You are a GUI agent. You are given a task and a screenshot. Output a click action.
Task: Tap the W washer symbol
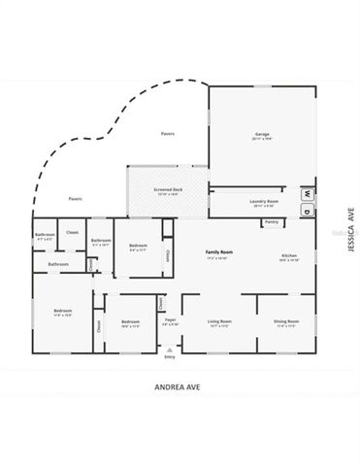(304, 192)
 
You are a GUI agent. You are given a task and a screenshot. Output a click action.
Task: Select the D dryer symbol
(304, 210)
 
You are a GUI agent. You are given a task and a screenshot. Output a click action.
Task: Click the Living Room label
(220, 320)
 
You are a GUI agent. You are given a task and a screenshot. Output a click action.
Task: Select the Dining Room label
(286, 320)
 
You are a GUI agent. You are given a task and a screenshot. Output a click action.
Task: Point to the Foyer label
(170, 319)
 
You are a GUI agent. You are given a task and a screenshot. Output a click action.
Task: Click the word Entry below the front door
(170, 357)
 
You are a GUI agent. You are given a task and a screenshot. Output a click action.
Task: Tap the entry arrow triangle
(170, 348)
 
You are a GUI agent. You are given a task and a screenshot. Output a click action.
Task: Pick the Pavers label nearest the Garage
(168, 133)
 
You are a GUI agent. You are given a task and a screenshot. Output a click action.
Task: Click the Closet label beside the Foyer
(160, 303)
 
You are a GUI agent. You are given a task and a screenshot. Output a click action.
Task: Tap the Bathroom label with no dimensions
(58, 264)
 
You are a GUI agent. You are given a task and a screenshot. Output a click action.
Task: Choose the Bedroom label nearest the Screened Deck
(138, 246)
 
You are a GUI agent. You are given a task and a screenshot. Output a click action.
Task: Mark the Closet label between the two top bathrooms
(73, 232)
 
